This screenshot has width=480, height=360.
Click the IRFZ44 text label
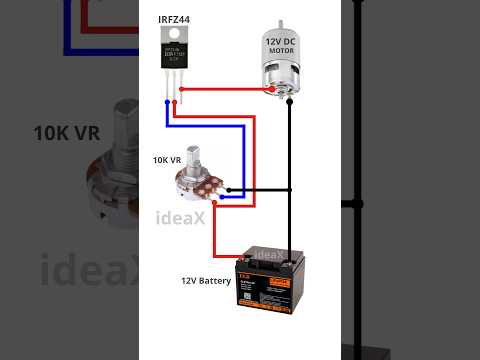coord(176,19)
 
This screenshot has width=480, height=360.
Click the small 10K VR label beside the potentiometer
coord(167,160)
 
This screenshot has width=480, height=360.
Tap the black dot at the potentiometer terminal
coord(229,190)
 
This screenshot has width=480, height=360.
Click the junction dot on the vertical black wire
coord(290,190)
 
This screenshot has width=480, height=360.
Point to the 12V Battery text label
coord(206,281)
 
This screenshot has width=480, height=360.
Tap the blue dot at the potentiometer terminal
coord(221,198)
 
